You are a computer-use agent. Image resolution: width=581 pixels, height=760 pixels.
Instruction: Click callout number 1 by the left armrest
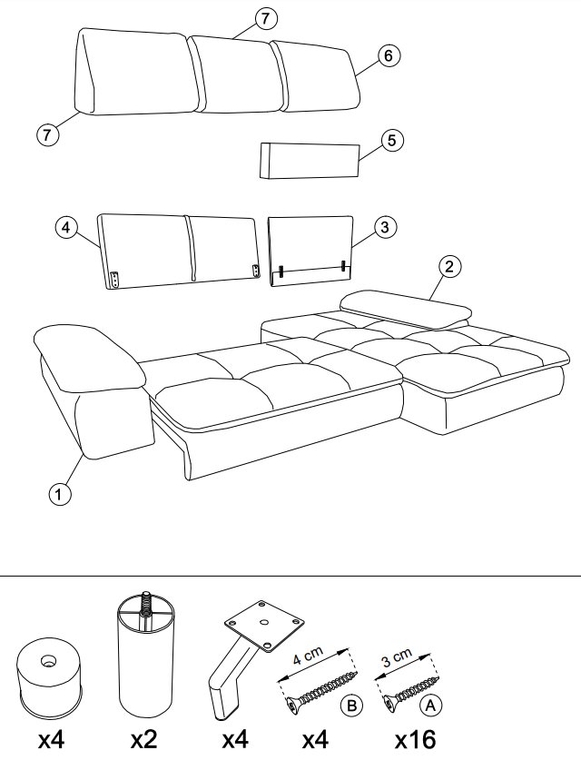click(x=60, y=494)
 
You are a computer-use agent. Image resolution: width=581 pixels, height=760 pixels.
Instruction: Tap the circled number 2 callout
click(x=449, y=266)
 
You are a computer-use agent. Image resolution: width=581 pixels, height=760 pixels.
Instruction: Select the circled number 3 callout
click(x=385, y=226)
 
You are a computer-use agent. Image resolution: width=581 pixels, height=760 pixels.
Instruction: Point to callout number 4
click(x=66, y=227)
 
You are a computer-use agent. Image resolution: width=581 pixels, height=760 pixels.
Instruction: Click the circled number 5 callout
click(x=392, y=141)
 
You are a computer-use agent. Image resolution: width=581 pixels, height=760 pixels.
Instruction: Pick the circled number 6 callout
click(x=389, y=55)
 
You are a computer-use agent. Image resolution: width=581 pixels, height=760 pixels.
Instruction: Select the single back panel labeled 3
click(x=311, y=252)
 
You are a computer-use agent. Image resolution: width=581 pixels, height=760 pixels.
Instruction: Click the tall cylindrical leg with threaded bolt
click(x=145, y=654)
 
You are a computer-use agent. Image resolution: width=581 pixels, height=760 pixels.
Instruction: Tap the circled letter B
click(x=352, y=706)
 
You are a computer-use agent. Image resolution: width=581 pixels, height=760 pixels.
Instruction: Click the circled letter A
click(x=430, y=706)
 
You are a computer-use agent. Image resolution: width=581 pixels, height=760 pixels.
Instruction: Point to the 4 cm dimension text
click(x=308, y=656)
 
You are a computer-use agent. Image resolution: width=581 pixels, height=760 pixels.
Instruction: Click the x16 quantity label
click(x=415, y=740)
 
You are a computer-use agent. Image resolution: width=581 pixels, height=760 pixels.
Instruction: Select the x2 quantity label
click(x=144, y=740)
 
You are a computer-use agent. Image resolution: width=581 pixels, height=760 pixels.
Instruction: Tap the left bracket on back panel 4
click(x=115, y=280)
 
